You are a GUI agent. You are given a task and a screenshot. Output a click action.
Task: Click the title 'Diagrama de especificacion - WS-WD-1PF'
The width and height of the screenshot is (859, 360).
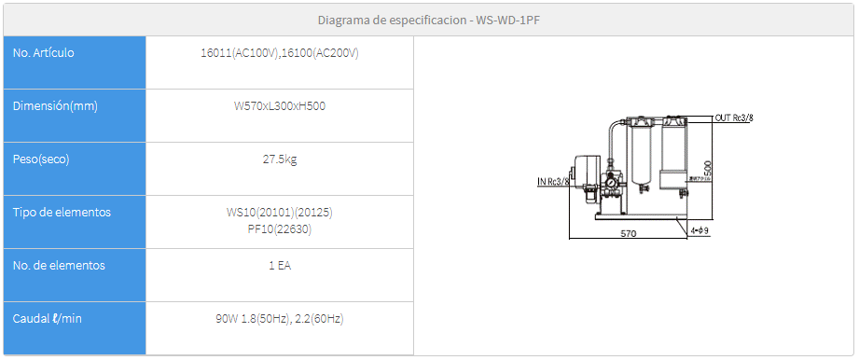point(429,19)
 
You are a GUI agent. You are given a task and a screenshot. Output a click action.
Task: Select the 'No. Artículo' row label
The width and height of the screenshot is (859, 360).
point(44,53)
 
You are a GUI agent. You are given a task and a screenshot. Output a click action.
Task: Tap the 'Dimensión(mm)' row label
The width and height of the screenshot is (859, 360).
point(55,106)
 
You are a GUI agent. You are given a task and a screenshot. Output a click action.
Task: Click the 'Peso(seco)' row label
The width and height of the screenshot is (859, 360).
point(41,159)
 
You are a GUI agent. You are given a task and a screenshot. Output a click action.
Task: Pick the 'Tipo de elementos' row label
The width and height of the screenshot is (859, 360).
point(62,213)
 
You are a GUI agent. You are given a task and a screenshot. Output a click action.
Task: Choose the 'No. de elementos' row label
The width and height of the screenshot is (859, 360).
point(59,266)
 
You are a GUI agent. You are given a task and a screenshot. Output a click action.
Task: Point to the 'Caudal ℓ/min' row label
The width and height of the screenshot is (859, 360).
point(48,319)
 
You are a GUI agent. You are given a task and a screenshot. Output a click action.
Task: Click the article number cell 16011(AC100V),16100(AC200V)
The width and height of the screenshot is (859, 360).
point(279,53)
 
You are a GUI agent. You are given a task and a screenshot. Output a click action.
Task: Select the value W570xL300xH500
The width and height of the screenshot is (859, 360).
point(279,106)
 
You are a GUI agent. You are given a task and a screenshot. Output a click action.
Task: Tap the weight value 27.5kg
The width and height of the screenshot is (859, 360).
point(279,159)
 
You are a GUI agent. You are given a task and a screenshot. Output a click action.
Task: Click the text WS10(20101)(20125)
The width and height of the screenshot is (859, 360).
point(279,213)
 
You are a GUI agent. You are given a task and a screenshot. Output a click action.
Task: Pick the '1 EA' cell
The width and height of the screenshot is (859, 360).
point(279,266)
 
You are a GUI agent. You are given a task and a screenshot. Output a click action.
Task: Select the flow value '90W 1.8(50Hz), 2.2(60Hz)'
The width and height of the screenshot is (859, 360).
point(279,319)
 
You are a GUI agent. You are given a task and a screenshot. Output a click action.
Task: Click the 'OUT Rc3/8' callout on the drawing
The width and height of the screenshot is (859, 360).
point(734,118)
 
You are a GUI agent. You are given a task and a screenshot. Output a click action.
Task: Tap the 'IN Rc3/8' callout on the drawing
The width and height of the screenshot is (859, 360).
point(552,181)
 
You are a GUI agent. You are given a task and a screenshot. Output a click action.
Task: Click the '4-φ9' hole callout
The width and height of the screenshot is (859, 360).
point(701,228)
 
